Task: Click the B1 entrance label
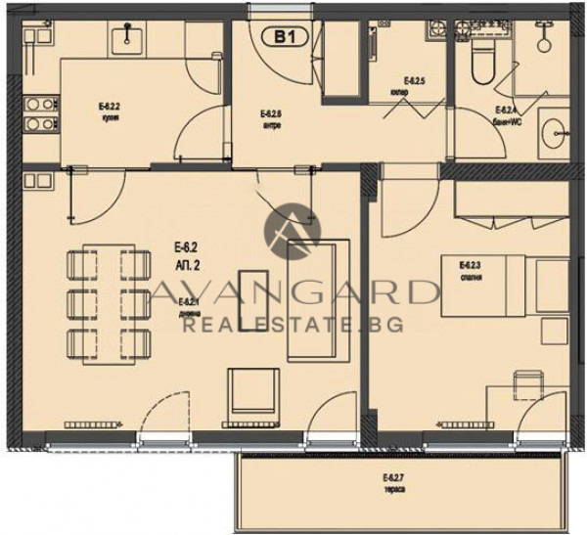[x=285, y=37]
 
